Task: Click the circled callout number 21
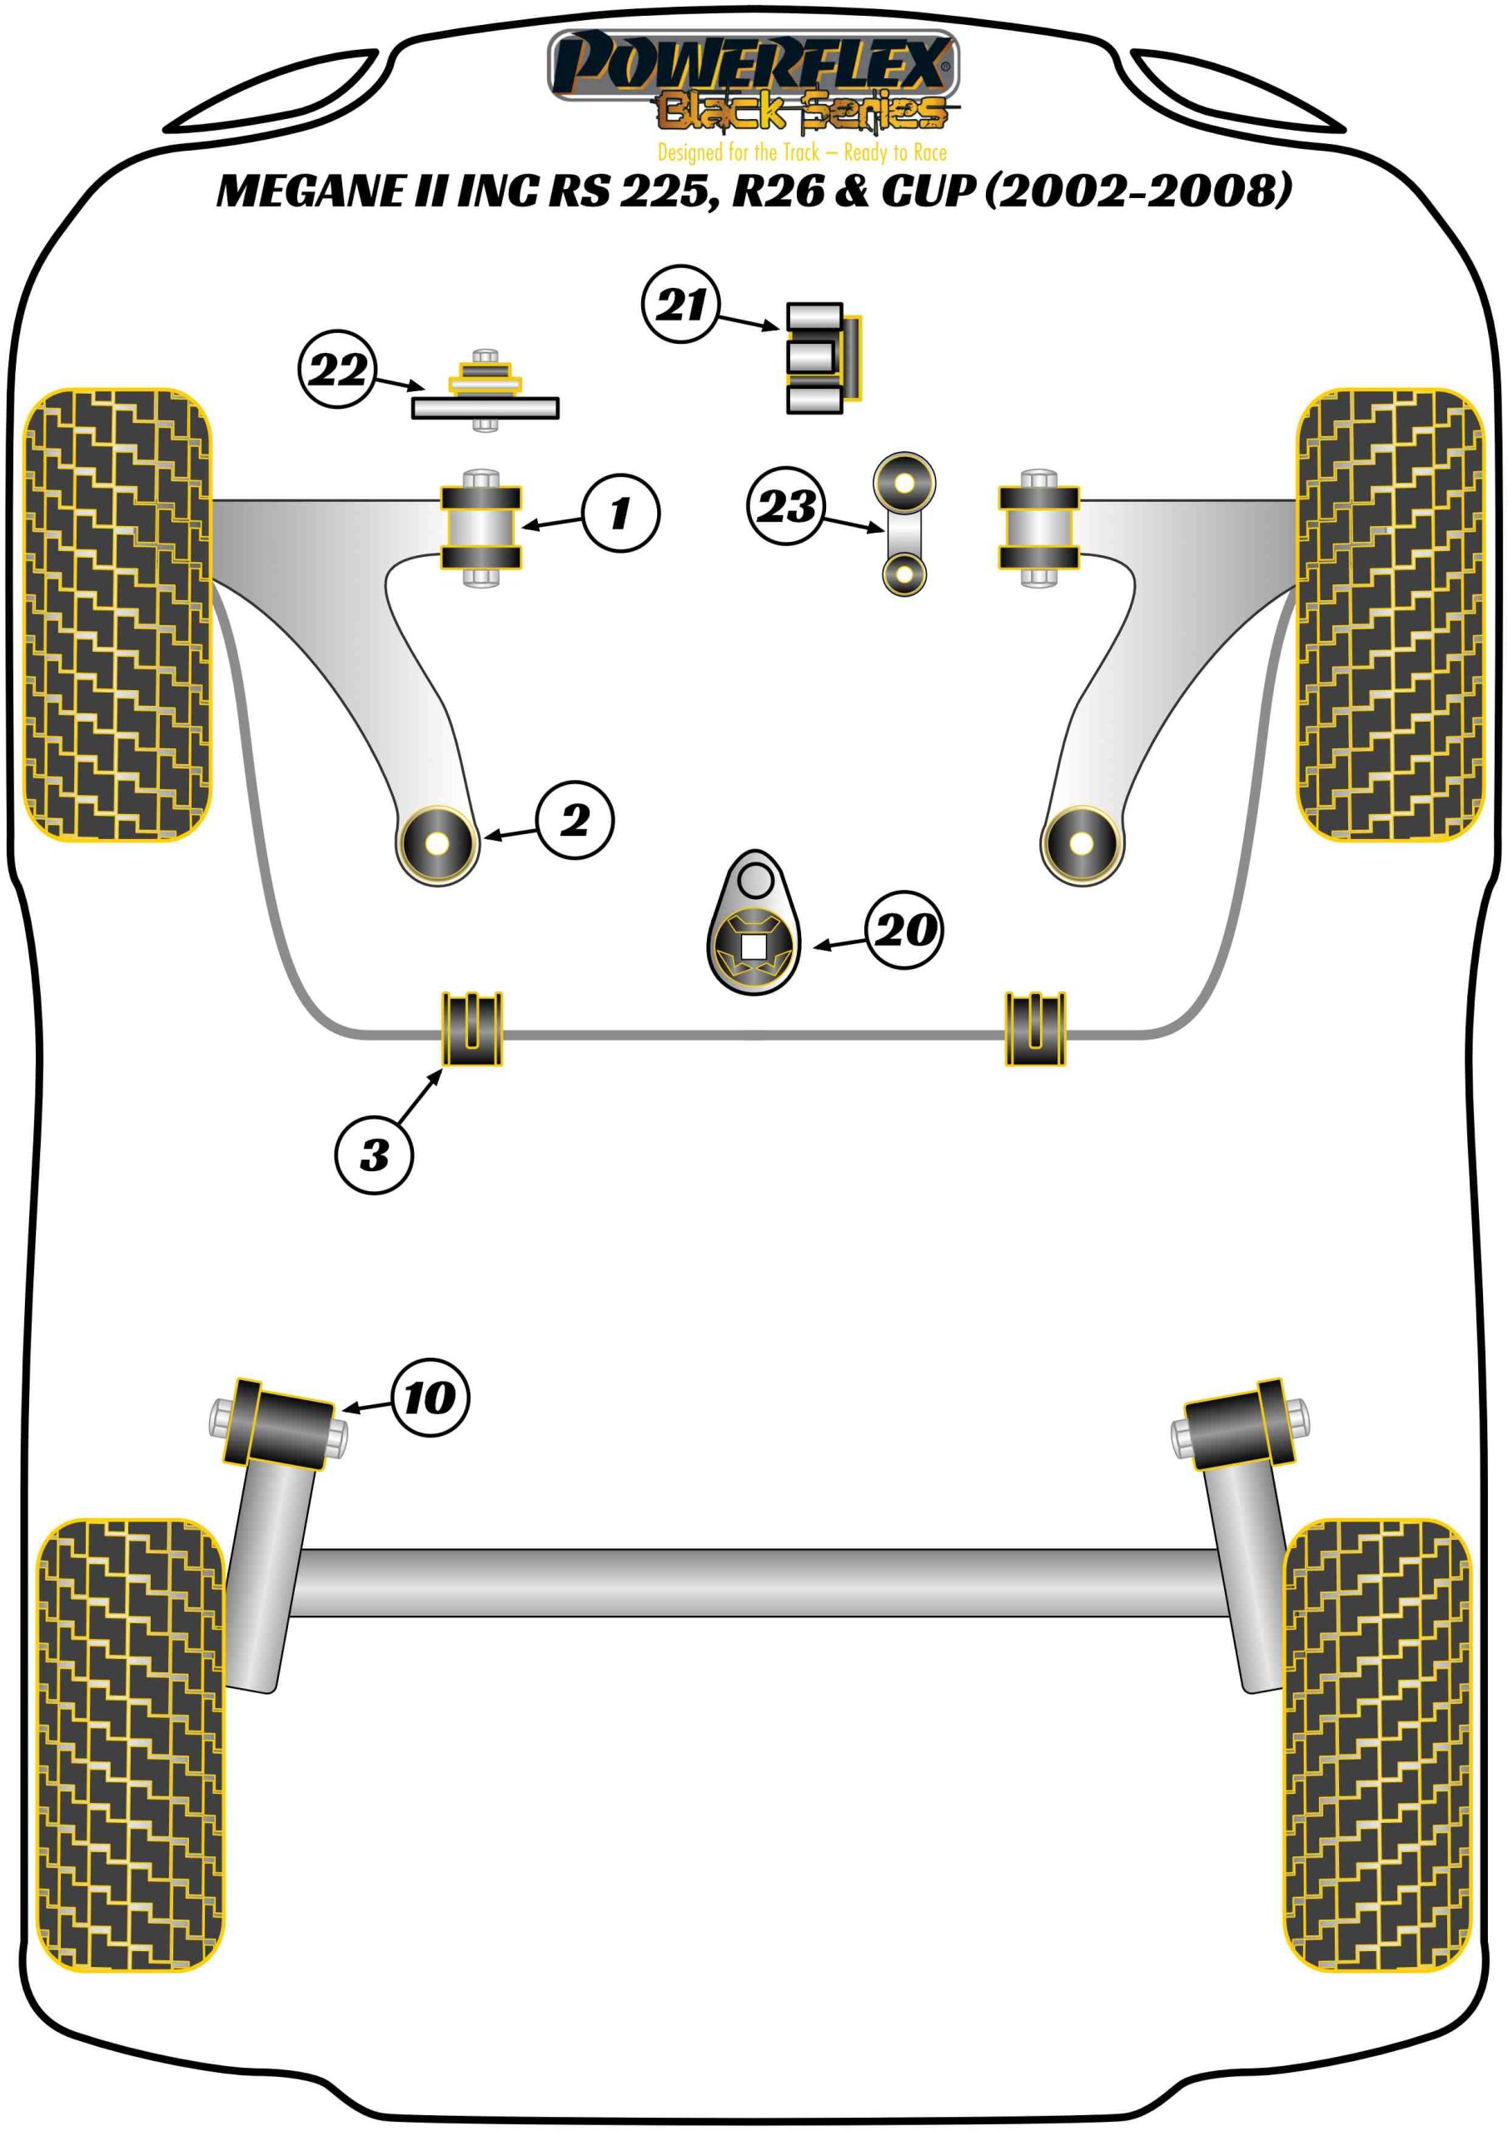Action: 680,304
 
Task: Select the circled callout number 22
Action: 337,370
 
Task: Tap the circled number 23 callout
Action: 785,506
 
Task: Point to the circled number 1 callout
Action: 620,514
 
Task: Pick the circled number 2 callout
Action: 575,820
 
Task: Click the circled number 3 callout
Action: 374,1155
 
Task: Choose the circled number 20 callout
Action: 903,930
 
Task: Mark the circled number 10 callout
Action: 430,1398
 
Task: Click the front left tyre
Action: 117,614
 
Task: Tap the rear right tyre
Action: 1377,1745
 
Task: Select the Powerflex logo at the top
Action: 752,65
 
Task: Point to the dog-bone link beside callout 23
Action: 903,524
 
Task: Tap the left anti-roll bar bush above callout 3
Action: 471,1028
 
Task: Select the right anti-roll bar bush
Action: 1035,1028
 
